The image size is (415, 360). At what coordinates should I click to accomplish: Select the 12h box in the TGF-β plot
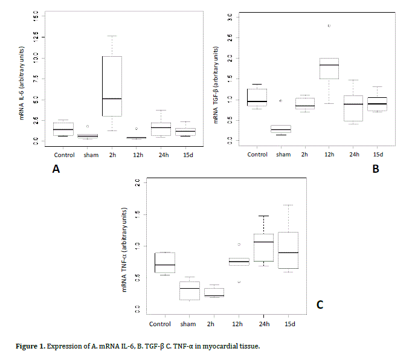point(329,69)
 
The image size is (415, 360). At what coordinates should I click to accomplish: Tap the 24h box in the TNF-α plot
point(263,248)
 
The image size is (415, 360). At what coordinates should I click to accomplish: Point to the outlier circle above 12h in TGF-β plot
point(329,26)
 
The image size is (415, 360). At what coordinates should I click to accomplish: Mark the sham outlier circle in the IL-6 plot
point(88,126)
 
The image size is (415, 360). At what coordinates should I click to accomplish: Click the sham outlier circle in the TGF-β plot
point(280,101)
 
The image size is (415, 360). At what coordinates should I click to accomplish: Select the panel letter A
point(56,170)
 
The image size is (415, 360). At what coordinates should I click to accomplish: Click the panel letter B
point(375,169)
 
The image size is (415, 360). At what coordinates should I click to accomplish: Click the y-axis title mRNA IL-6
point(21,79)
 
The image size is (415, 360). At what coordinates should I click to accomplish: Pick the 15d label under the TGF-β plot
point(379,155)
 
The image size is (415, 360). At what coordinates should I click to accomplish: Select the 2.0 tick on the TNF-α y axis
point(138,182)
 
